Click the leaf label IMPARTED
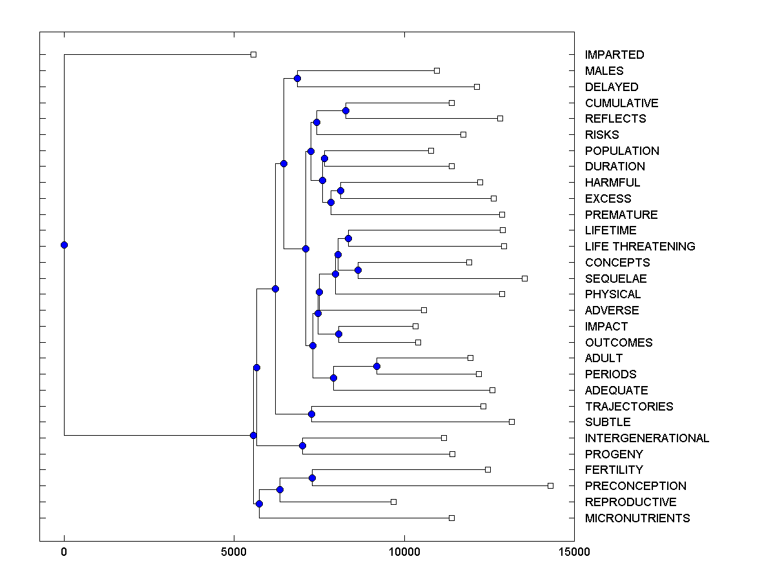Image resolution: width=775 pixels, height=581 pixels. coord(614,55)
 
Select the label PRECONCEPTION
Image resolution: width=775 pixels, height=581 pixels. coord(635,486)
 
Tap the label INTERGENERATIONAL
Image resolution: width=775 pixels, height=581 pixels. coord(646,438)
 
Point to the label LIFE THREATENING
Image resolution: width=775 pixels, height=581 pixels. coord(639,247)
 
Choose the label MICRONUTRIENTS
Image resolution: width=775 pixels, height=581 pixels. coord(637,518)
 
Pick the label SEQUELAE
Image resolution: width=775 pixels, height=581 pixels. coord(615,279)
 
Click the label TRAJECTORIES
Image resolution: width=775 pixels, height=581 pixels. coord(628,407)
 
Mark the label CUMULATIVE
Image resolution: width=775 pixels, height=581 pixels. coord(621,103)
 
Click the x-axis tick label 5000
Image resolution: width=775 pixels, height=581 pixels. coord(234,552)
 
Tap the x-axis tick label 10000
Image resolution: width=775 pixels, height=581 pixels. coord(404,552)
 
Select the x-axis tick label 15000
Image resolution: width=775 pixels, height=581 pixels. coord(574,552)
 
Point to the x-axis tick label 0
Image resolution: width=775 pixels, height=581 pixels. coord(64,552)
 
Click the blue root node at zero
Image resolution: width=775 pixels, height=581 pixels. coord(64,245)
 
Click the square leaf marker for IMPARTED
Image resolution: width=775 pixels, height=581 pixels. coord(253,54)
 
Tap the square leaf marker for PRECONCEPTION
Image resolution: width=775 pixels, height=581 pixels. coord(550,485)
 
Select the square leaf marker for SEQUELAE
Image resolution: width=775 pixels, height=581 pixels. coord(524,278)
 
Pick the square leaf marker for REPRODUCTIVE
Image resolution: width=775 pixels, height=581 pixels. coord(393,502)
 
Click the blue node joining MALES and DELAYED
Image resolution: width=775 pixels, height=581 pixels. coord(297,79)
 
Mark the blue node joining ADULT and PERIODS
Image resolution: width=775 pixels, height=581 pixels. coord(377,367)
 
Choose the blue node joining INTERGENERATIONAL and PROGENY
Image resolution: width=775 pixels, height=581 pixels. coord(302,445)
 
